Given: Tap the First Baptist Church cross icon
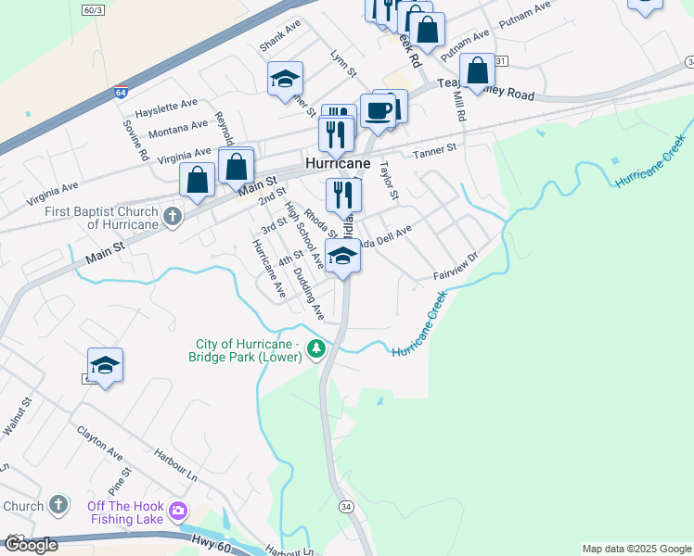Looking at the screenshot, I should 172,217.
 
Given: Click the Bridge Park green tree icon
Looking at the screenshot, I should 316,348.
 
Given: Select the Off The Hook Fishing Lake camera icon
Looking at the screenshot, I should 178,511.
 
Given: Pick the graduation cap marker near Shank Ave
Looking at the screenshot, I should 285,79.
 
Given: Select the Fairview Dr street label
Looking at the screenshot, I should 456,269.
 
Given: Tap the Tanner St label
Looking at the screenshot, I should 435,149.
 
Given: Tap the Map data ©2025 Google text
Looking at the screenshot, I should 636,549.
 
